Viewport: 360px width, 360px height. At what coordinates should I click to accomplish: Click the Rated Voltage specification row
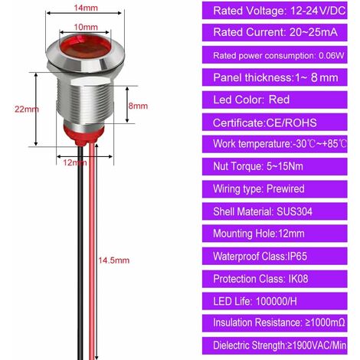[274, 12]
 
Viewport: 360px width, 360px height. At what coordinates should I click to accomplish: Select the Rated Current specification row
[274, 34]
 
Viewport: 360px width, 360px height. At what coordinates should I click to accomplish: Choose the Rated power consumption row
[274, 55]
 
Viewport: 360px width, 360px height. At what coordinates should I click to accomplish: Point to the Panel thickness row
[274, 77]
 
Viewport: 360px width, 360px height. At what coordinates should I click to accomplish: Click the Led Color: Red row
[274, 100]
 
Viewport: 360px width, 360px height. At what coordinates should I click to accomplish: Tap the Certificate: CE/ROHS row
[274, 123]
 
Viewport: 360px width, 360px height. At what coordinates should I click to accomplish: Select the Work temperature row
[274, 144]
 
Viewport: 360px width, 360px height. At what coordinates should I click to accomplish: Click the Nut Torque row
[274, 166]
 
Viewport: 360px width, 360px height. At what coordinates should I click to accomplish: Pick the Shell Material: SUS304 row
[274, 209]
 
